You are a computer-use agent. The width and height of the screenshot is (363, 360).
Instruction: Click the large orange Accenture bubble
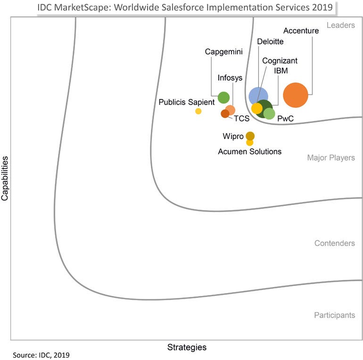point(296,95)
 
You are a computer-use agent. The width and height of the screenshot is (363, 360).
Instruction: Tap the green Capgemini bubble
point(223,98)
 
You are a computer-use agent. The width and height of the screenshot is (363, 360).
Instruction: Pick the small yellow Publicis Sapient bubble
point(198,111)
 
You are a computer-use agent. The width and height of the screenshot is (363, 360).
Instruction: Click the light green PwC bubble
point(269,114)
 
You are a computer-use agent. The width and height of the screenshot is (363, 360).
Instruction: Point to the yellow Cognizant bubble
point(256,108)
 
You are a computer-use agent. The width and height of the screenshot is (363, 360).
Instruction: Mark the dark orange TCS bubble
point(225,114)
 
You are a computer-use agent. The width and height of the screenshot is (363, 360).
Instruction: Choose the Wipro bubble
point(250,136)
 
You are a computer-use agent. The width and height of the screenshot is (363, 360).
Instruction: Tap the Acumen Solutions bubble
point(250,143)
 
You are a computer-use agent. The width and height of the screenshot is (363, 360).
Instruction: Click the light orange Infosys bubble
point(231,110)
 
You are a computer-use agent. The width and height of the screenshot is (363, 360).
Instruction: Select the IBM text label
point(281,71)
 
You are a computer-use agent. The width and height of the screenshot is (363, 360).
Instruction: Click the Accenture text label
point(301,31)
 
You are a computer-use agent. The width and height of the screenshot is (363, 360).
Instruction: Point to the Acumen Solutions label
point(249,152)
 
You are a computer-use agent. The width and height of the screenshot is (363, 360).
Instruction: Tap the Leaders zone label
point(341,25)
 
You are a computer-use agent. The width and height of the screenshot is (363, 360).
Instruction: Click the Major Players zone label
point(331,158)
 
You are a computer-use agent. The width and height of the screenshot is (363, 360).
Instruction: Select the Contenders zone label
point(335,244)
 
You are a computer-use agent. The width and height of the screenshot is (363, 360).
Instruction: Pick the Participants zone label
point(335,315)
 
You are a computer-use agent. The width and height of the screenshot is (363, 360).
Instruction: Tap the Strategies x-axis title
point(187,348)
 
